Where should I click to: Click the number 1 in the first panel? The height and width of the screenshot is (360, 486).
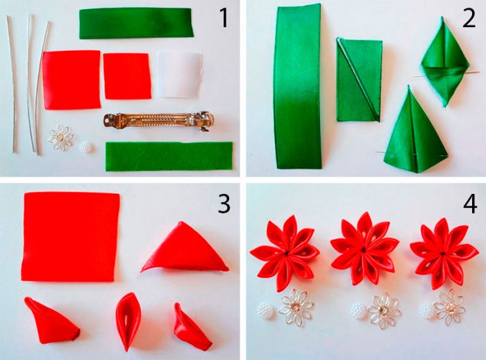coord(224,18)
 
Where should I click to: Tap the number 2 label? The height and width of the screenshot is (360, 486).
coord(469,18)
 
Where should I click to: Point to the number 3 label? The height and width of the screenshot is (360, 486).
coord(224,204)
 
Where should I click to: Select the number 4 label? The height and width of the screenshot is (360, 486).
coord(470,204)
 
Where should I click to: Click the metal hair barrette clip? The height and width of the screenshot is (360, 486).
coord(159,121)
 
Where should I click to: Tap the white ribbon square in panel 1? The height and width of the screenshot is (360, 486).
coord(180,74)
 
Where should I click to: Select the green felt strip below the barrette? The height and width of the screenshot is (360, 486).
coord(169,156)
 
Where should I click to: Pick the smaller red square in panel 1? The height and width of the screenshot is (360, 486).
coord(127,76)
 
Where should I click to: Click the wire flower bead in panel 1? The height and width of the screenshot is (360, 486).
coord(61,138)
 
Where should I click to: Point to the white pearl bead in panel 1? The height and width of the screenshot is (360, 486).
coord(86,147)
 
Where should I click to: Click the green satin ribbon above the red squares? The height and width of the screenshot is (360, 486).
coord(136,24)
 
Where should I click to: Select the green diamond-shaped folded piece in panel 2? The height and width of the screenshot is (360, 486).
coord(445,62)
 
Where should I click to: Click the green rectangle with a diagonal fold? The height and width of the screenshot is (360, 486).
coord(360,80)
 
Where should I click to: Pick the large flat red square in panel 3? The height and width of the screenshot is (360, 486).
coord(71,236)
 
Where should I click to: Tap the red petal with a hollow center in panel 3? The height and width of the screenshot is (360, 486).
coord(128,321)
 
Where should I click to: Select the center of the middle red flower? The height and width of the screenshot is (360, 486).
coord(364,249)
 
